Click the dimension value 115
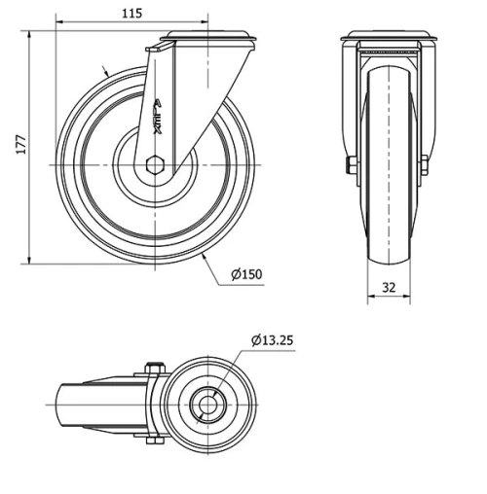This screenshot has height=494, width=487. click(x=132, y=13)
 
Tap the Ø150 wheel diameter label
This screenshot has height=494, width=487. click(x=246, y=273)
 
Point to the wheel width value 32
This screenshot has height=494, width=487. click(x=388, y=287)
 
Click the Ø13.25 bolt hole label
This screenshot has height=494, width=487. click(x=272, y=339)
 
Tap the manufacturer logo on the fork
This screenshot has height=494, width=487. click(x=158, y=116)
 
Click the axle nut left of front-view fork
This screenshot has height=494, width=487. click(x=350, y=165)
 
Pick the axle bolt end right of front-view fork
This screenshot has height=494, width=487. click(x=425, y=165)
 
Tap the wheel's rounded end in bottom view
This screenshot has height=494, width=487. click(x=58, y=403)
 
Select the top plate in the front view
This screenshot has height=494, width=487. click(x=387, y=40)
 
